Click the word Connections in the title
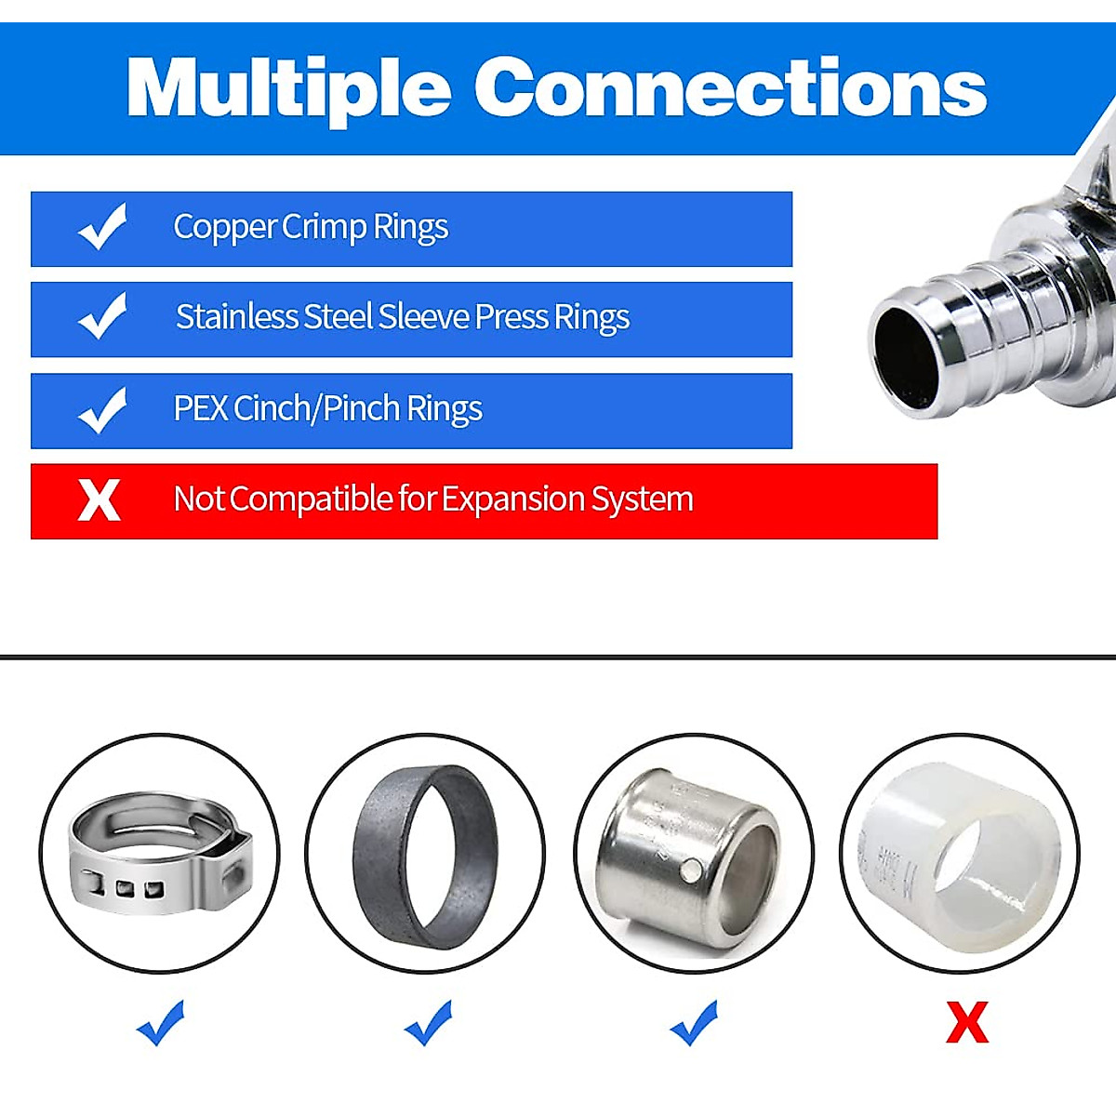(730, 88)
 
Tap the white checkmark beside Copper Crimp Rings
(102, 228)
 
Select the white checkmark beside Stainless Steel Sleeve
(102, 317)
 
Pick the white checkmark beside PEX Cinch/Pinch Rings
(102, 410)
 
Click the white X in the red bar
(100, 500)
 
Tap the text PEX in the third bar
(200, 408)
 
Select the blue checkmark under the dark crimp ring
(429, 1022)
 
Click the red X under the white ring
(966, 1023)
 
